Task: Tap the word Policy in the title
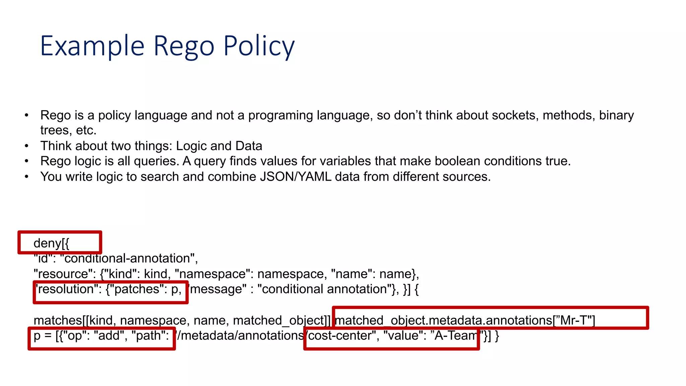[x=259, y=46]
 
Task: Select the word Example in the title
[x=92, y=46]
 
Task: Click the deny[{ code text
[x=51, y=243]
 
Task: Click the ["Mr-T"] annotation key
[x=574, y=321]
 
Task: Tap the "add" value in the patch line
[x=111, y=336]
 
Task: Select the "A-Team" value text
[x=455, y=336]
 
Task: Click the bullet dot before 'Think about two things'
[x=26, y=146]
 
